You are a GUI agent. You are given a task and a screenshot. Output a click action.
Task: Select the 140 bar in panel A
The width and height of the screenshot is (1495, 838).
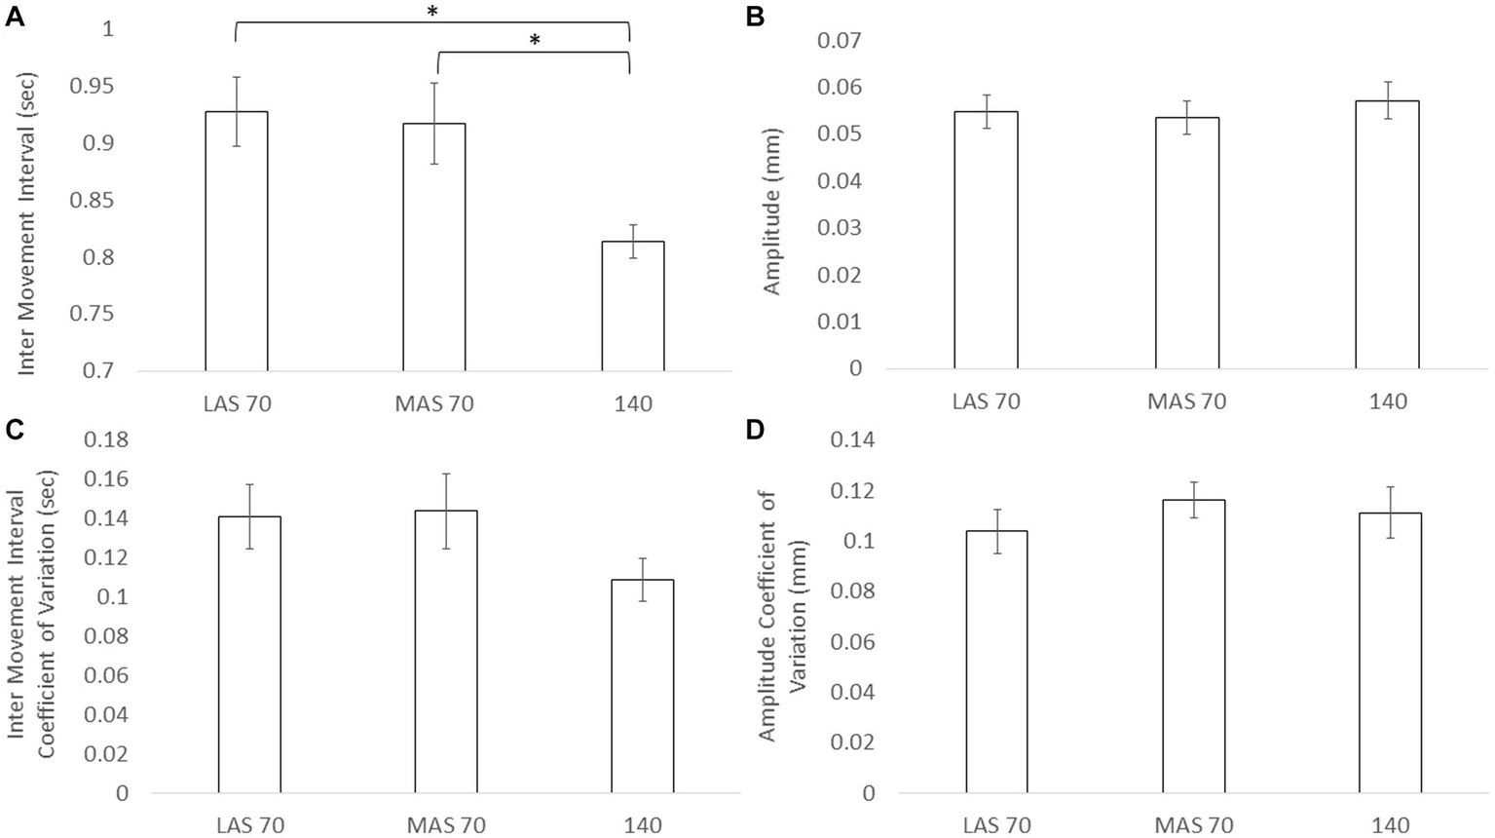pyautogui.click(x=632, y=306)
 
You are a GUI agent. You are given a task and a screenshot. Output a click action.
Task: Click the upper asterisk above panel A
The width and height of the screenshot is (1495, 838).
pyautogui.click(x=432, y=12)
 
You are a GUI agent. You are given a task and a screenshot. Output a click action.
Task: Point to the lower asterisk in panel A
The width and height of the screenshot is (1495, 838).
pyautogui.click(x=534, y=41)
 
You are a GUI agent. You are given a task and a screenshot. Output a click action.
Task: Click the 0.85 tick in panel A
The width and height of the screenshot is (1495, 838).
pyautogui.click(x=93, y=201)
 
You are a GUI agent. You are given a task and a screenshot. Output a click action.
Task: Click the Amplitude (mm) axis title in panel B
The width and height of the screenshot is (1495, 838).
pyautogui.click(x=772, y=210)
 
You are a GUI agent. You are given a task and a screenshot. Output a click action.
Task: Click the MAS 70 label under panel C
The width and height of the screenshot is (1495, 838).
pyautogui.click(x=447, y=825)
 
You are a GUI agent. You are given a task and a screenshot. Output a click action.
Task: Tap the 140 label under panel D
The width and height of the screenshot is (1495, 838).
pyautogui.click(x=1390, y=825)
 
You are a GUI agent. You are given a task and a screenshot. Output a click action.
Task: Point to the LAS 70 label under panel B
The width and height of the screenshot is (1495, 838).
pyautogui.click(x=986, y=400)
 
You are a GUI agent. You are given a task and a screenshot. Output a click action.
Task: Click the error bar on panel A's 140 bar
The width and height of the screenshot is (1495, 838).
pyautogui.click(x=632, y=241)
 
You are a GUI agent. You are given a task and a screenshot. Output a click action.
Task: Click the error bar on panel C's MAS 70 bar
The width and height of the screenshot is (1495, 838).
pyautogui.click(x=446, y=511)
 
